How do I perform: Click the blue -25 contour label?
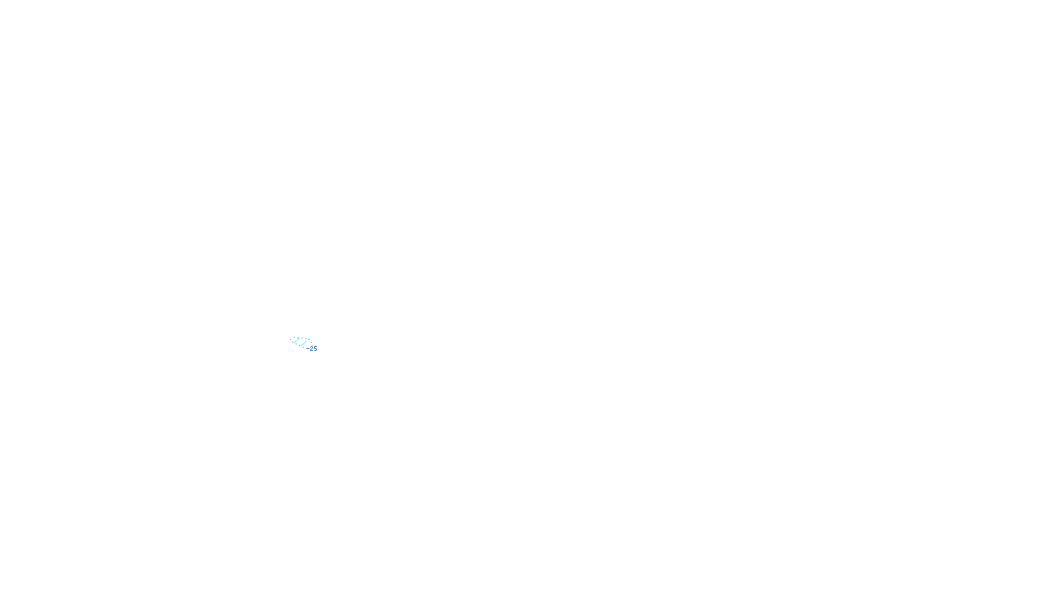pos(312,348)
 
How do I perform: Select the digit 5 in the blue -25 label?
pos(315,348)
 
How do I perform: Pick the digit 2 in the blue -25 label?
pos(312,348)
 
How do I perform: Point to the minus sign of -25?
pos(308,348)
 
